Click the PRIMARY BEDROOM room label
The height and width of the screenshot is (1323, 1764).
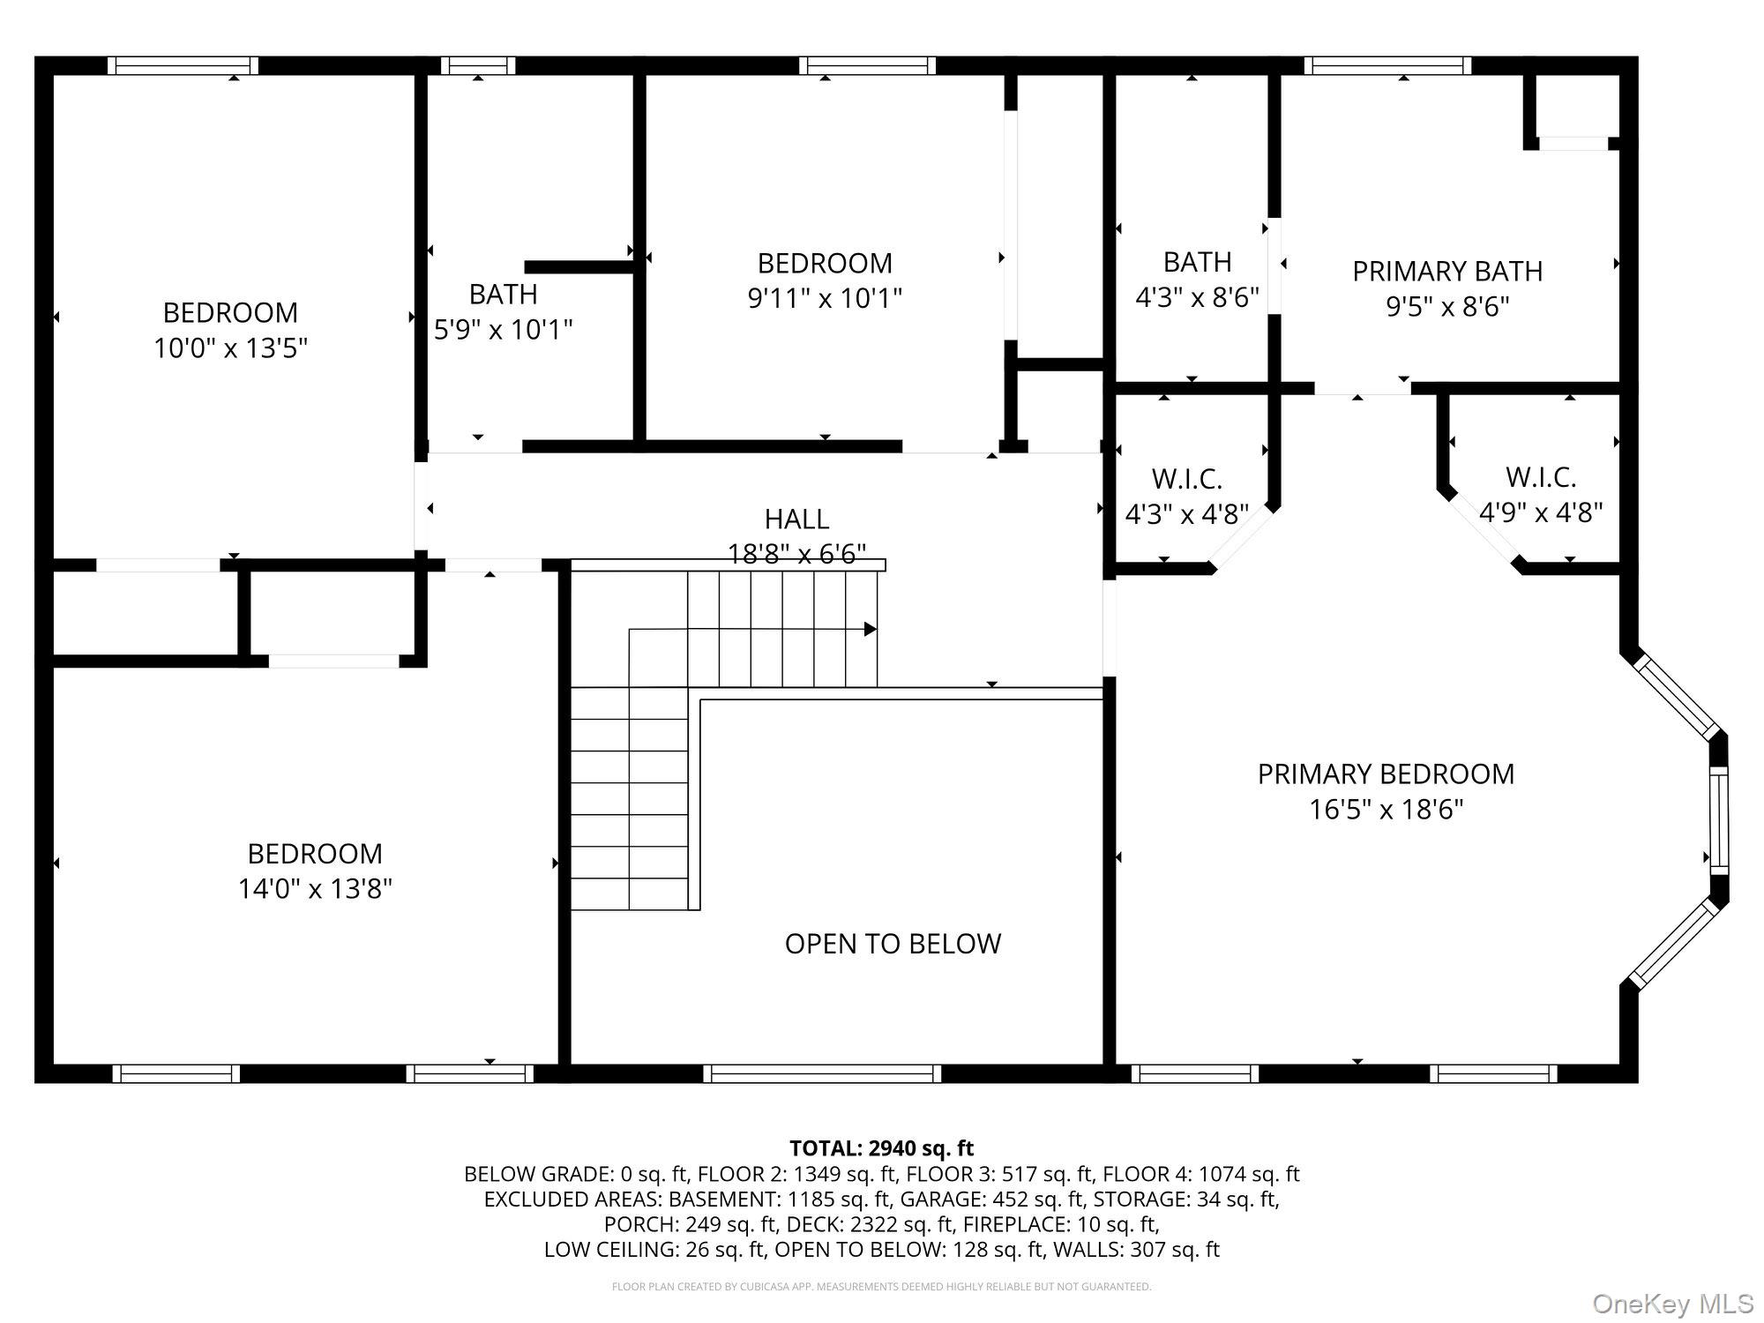[x=1386, y=774]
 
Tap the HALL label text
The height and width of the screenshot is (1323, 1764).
[x=796, y=519]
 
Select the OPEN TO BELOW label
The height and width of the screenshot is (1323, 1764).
[x=893, y=944]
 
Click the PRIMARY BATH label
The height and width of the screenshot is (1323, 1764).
[x=1447, y=271]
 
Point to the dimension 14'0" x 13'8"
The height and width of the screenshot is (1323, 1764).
[x=315, y=888]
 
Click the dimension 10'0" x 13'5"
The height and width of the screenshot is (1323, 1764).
[x=230, y=348]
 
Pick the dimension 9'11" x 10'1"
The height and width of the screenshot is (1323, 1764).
[x=825, y=298]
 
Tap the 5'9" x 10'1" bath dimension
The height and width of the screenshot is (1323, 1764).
[x=503, y=330]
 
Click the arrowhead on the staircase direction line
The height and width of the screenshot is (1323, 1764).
[x=871, y=629]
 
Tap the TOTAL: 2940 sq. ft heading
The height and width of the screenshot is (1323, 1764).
[x=881, y=1148]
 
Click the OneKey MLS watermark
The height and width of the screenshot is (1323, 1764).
[x=1672, y=1304]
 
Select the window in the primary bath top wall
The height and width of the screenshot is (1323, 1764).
[x=1387, y=65]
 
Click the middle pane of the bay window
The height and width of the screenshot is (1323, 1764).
[x=1719, y=820]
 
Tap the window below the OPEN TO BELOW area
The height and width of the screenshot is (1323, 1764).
[x=822, y=1073]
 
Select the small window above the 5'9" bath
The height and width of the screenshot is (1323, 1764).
[x=477, y=65]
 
